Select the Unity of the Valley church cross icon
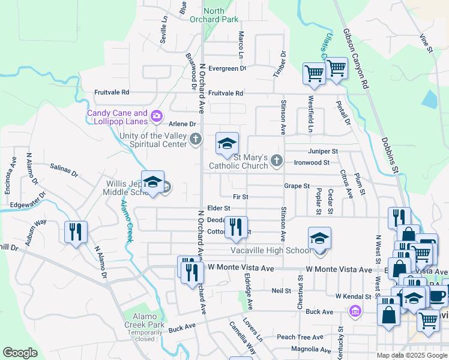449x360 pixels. (x=195, y=140)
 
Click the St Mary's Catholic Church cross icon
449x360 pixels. (x=276, y=160)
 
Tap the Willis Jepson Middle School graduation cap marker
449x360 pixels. (x=152, y=182)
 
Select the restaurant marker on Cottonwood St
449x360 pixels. (x=236, y=226)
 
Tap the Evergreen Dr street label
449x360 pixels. (x=227, y=68)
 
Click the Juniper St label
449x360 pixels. (x=324, y=151)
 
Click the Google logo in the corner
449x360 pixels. (x=20, y=353)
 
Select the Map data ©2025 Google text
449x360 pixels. (x=411, y=355)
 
